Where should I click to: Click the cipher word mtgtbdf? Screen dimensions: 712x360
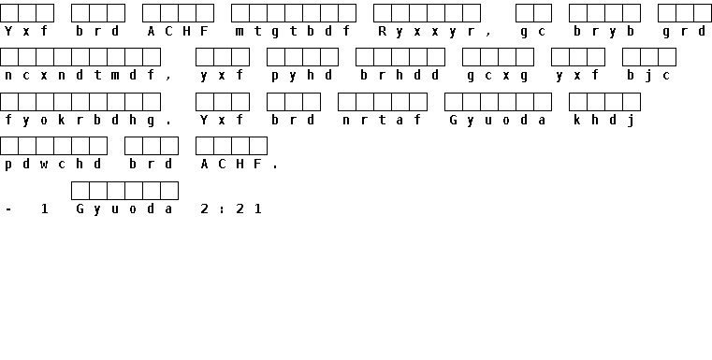point(294,32)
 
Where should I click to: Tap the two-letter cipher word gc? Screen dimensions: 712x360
point(533,32)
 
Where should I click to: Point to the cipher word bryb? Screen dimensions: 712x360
point(603,32)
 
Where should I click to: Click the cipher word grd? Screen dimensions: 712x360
point(684,32)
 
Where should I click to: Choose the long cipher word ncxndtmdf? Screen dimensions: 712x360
point(80,76)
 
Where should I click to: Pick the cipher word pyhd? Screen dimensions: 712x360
point(302,76)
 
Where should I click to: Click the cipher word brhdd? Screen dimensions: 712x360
point(400,76)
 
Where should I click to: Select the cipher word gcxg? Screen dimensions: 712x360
point(497,76)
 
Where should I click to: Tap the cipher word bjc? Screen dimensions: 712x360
point(648,76)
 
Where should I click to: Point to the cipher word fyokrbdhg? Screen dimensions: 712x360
point(80,121)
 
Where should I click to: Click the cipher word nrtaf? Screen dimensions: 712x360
point(382,120)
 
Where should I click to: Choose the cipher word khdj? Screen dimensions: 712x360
point(603,121)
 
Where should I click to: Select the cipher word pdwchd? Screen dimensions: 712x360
point(53,165)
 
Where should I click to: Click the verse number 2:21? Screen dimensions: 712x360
point(231,209)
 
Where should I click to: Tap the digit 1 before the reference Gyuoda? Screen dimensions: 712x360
point(44,209)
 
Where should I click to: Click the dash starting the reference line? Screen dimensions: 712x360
point(8,209)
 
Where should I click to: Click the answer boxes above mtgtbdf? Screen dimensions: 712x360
point(294,13)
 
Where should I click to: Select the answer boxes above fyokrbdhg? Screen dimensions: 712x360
point(80,102)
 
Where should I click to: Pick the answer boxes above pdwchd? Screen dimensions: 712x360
point(53,146)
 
